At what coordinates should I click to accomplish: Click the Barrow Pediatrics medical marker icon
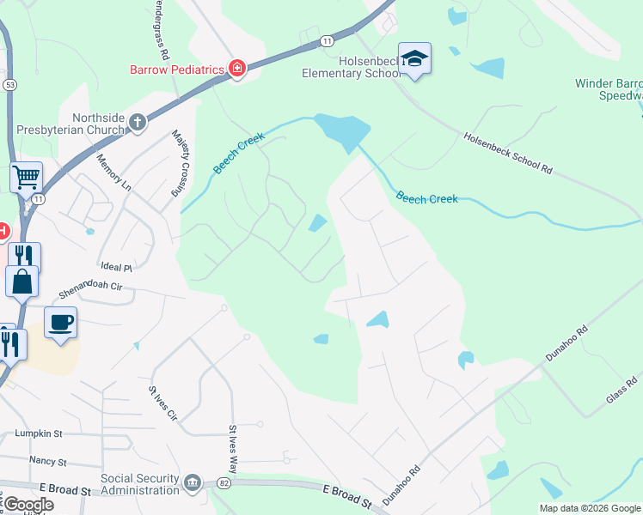(236, 69)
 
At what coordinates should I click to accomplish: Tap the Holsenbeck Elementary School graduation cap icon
(414, 58)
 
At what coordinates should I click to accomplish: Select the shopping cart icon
(27, 178)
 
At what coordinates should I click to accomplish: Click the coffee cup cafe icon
(60, 323)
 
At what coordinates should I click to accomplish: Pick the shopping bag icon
(21, 281)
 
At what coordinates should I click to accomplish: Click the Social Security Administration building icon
(192, 483)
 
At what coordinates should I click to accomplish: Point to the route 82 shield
(224, 484)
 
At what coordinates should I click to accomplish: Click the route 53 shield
(9, 85)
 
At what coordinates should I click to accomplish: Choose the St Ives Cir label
(162, 403)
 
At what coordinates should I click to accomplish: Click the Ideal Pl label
(117, 268)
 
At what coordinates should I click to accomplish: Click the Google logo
(28, 505)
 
